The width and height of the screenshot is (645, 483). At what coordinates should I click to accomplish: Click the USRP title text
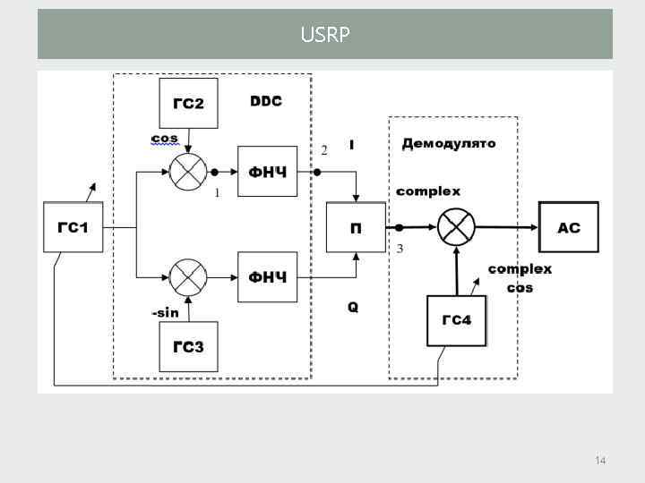(325, 35)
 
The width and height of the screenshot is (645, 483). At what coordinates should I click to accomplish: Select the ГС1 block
(73, 227)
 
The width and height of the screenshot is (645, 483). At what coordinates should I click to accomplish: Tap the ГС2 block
(188, 103)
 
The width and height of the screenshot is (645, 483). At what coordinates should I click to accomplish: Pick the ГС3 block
(188, 347)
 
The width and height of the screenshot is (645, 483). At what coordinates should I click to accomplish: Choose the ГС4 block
(456, 320)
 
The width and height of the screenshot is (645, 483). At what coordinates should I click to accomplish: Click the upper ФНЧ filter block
(267, 170)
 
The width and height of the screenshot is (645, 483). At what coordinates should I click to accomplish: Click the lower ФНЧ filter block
(267, 276)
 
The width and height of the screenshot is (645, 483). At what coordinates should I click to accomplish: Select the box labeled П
(356, 227)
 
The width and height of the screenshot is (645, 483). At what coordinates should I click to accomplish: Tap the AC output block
(569, 227)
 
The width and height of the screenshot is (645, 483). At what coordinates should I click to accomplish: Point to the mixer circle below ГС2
(188, 170)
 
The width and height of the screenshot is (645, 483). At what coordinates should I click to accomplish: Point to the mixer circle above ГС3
(188, 276)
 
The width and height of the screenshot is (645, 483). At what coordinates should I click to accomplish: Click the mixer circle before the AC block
(456, 227)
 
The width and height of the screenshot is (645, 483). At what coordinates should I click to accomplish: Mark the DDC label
(265, 101)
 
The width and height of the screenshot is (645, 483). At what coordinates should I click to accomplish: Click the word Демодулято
(448, 143)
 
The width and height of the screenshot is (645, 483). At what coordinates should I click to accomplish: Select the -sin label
(165, 312)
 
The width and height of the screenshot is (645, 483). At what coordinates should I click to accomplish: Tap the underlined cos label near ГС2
(164, 139)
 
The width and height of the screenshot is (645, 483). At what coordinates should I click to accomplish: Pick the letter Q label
(353, 307)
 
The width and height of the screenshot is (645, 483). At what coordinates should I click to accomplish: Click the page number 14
(600, 460)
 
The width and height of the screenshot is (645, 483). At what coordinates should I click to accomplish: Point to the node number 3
(400, 249)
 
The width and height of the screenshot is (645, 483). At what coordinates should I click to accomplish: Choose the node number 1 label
(217, 191)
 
